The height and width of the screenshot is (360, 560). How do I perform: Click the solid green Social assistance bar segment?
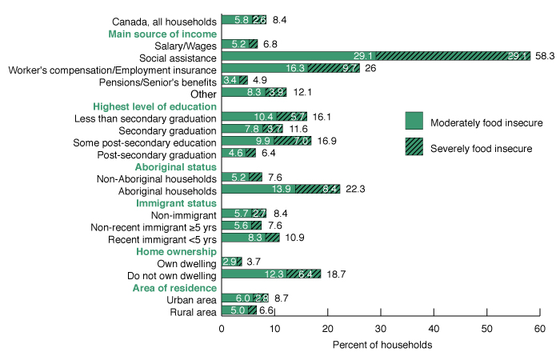298,57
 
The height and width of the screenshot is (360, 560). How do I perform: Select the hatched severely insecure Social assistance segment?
453,57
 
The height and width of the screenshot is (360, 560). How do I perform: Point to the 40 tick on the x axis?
434,328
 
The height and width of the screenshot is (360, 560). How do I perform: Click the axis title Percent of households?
380,346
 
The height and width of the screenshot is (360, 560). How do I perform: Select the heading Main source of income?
162,34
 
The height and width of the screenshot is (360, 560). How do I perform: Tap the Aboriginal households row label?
166,190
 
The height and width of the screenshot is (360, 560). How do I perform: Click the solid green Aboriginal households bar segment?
258,190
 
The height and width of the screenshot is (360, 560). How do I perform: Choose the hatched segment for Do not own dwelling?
303,274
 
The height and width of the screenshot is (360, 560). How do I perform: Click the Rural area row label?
191,311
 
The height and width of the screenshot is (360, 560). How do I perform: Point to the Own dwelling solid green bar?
228,262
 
